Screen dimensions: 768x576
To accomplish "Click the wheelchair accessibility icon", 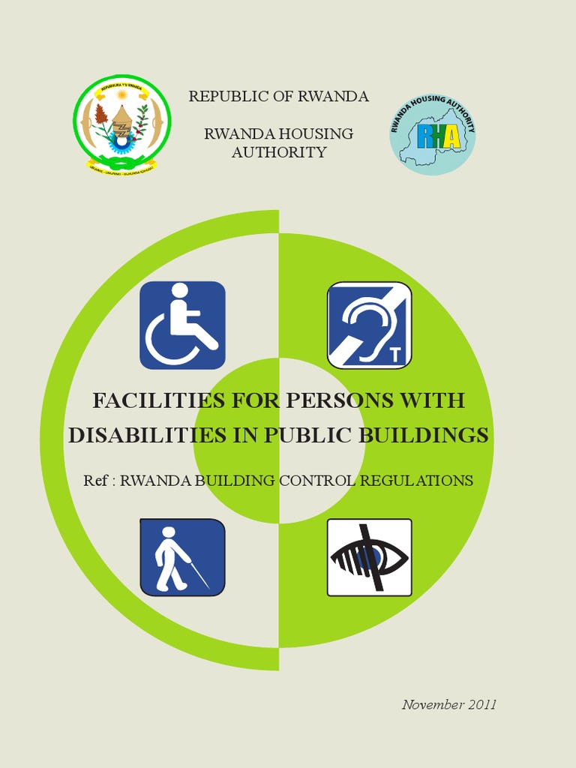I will click(182, 325).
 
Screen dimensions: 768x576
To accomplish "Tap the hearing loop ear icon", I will click(369, 325).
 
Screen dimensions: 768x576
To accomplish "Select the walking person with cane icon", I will click(182, 557).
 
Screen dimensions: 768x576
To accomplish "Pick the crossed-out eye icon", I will click(369, 557).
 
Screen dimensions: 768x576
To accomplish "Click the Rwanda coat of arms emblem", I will click(121, 124).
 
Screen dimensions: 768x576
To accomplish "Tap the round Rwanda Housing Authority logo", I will click(433, 135).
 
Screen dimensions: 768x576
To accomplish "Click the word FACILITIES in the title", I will click(147, 400).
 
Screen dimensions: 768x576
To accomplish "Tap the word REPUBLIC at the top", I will click(223, 96).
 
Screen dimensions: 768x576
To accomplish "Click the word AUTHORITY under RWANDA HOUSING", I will click(279, 152).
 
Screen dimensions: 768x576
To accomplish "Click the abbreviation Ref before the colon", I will click(95, 481).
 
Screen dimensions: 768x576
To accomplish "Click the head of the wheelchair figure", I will click(180, 290).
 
